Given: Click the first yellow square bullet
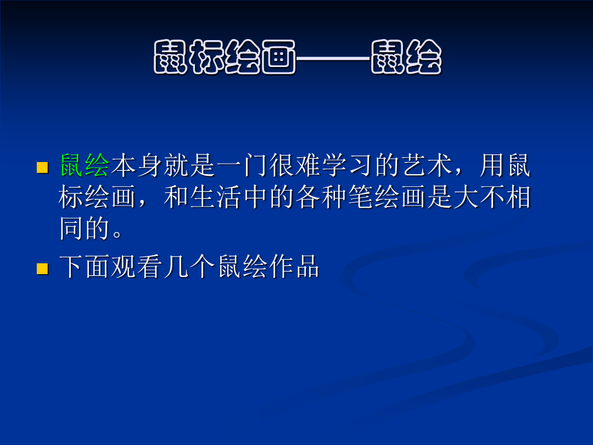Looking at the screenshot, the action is point(42,168).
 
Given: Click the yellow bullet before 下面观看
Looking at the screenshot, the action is point(42,269).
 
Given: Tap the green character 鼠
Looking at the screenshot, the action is point(72,165).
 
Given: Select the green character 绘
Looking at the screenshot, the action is point(97,165).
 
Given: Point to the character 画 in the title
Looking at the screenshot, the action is point(279,57).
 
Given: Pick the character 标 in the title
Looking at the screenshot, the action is point(207,57).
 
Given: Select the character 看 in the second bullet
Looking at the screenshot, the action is point(150,266).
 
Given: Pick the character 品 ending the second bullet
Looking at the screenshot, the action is point(307,266).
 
